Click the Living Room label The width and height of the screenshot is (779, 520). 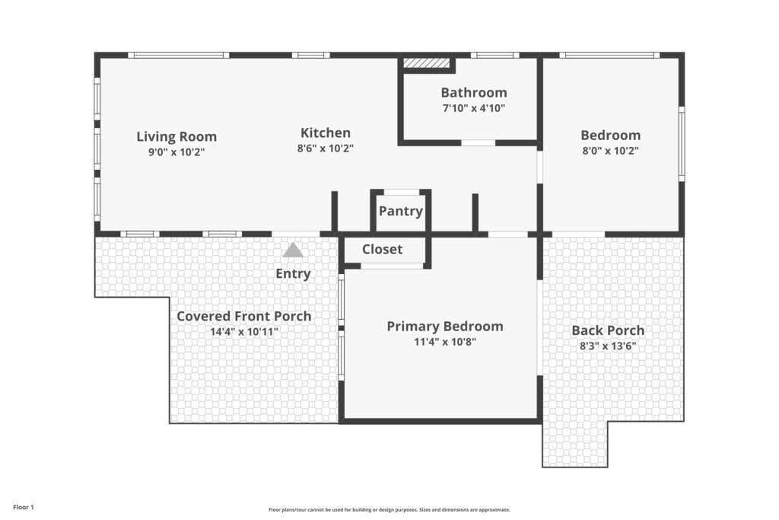pyautogui.click(x=176, y=136)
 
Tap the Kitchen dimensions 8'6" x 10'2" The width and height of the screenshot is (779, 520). pyautogui.click(x=326, y=148)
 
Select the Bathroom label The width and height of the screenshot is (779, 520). pyautogui.click(x=474, y=92)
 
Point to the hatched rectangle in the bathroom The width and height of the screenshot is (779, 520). pyautogui.click(x=426, y=62)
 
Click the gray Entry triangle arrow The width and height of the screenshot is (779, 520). pyautogui.click(x=293, y=250)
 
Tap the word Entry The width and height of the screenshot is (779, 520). pyautogui.click(x=293, y=273)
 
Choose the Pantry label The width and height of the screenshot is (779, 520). pyautogui.click(x=400, y=211)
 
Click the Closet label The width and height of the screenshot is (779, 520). pyautogui.click(x=382, y=249)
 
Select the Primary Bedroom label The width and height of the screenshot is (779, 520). pyautogui.click(x=445, y=326)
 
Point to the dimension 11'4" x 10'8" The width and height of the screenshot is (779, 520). pyautogui.click(x=445, y=342)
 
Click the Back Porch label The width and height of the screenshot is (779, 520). pyautogui.click(x=608, y=330)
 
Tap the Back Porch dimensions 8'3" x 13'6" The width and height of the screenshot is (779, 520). pyautogui.click(x=608, y=346)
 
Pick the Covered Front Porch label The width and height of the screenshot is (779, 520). pyautogui.click(x=244, y=316)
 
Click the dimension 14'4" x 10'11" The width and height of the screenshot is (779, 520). pyautogui.click(x=244, y=332)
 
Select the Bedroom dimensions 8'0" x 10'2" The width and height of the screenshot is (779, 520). pyautogui.click(x=611, y=151)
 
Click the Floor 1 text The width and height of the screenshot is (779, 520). pyautogui.click(x=24, y=508)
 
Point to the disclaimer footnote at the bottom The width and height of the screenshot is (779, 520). pyautogui.click(x=389, y=509)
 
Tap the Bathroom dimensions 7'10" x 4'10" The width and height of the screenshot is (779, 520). pyautogui.click(x=474, y=108)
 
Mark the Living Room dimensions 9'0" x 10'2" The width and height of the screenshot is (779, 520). pyautogui.click(x=176, y=152)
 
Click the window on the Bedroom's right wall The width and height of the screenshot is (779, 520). pyautogui.click(x=682, y=144)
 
